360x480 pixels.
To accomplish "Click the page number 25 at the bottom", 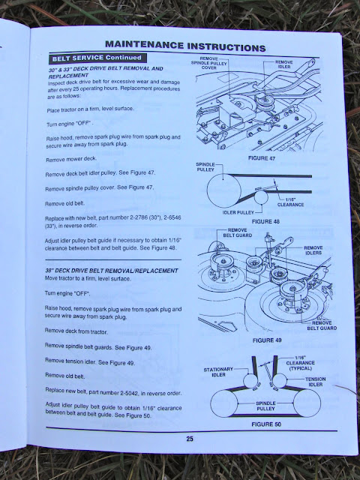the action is coord(190,439).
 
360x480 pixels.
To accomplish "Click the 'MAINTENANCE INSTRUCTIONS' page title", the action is coord(185,46).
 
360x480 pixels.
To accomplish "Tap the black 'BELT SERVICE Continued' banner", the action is coord(97,58).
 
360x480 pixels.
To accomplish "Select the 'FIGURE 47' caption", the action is coord(262,158).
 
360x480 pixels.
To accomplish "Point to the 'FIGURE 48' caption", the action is coord(265,221).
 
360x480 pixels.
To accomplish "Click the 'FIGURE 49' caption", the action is coord(267,340).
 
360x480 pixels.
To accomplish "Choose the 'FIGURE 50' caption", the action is coord(266,424).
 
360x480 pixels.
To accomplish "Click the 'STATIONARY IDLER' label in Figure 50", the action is coord(218,372).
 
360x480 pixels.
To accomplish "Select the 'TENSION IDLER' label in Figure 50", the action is coord(315,382).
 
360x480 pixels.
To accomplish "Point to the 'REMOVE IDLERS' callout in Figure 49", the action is coord(313,250).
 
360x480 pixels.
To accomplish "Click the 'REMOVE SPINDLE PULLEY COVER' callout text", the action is coord(209,63).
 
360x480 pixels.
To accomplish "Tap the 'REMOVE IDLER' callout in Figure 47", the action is coord(284,64).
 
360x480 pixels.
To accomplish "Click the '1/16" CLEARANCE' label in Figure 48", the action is coord(290,202).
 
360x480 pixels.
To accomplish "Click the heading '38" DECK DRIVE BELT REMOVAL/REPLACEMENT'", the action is coord(112,271).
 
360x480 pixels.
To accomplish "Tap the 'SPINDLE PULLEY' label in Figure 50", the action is coord(265,406).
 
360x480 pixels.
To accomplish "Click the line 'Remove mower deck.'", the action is coord(71,159).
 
